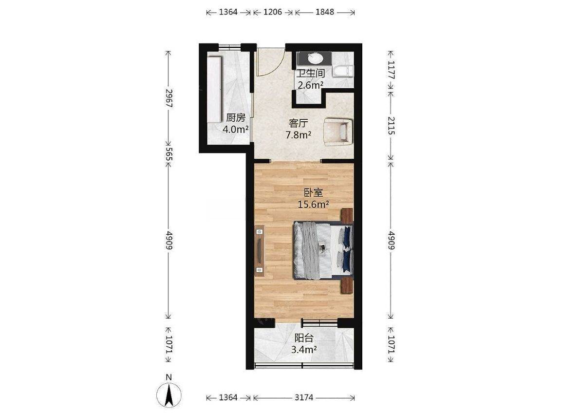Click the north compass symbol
point(169,394)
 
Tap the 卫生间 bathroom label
point(311,74)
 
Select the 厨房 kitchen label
point(235,117)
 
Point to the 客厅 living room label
point(299,124)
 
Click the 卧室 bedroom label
point(314,192)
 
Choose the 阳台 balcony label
point(304,338)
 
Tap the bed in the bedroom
point(323,250)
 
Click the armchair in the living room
point(338,131)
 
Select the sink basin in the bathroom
point(315,58)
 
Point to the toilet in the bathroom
point(343,71)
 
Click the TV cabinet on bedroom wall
point(260,250)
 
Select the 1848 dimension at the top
point(325,12)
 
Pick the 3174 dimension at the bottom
point(304,397)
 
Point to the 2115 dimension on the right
point(391,126)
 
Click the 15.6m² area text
point(314,205)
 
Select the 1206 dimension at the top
point(273,12)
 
